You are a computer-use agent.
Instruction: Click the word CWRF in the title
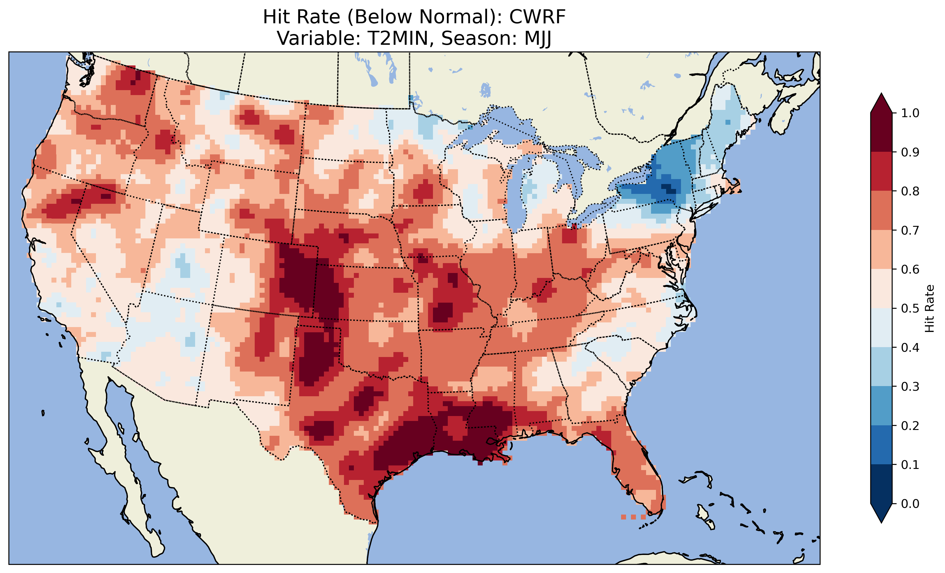tap(537, 17)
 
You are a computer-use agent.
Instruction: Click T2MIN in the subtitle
tap(397, 38)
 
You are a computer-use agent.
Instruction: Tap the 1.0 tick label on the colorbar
tap(910, 113)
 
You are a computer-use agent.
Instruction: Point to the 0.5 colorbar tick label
tap(910, 308)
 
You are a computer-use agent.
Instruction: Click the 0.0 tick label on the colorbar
tap(910, 504)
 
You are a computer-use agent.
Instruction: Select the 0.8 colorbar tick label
tap(910, 191)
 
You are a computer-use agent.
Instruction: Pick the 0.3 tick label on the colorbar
tap(910, 387)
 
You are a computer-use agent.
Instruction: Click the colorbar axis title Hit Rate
tap(929, 308)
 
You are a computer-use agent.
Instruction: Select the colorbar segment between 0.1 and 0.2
tap(881, 445)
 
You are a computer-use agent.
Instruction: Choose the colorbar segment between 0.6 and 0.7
tap(881, 249)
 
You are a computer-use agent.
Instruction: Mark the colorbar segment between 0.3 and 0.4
tap(881, 367)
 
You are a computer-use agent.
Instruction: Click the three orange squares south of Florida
tap(633, 517)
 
